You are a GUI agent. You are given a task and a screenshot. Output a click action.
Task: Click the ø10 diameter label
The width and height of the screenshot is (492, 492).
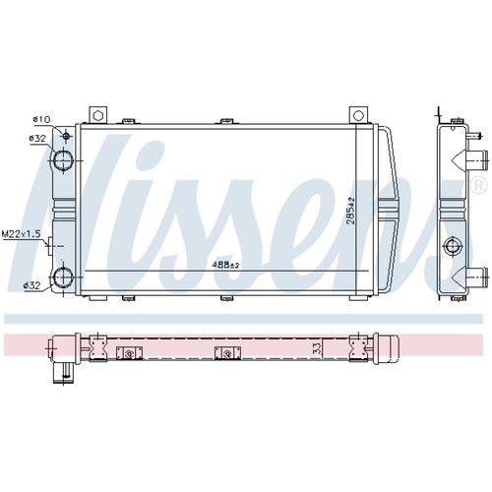(x=41, y=120)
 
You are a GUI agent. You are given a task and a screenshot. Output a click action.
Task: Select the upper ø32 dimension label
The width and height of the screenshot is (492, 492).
(x=37, y=139)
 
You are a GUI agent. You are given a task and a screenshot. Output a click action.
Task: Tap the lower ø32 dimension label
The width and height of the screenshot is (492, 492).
(x=31, y=285)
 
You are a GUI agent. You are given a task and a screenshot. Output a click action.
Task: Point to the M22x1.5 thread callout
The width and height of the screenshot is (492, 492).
(x=21, y=234)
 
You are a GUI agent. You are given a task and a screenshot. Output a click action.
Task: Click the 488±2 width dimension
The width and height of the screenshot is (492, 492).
(x=225, y=265)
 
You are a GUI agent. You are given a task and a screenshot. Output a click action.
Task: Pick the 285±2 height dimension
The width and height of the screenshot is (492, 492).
(x=350, y=211)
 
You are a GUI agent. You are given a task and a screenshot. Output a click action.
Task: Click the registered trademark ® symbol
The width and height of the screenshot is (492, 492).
(x=478, y=185)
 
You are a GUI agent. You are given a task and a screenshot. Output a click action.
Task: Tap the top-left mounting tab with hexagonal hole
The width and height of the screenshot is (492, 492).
(x=97, y=115)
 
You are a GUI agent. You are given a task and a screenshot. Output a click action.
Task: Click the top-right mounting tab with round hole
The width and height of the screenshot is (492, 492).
(x=358, y=115)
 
